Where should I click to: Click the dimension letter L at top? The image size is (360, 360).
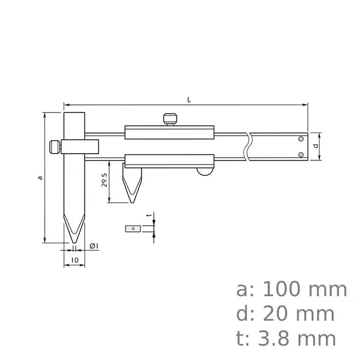pyautogui.click(x=189, y=99)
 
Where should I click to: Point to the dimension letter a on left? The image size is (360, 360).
pyautogui.click(x=40, y=177)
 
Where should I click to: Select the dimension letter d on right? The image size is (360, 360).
pyautogui.click(x=315, y=147)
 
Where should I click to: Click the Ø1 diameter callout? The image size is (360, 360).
pyautogui.click(x=94, y=246)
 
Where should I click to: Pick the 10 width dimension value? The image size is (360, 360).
pyautogui.click(x=75, y=261)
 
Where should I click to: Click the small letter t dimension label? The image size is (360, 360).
pyautogui.click(x=148, y=217)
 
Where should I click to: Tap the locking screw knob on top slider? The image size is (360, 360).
pyautogui.click(x=170, y=119)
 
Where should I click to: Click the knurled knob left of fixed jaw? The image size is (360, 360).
pyautogui.click(x=54, y=147)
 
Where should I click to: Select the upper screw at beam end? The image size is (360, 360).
pyautogui.click(x=301, y=139)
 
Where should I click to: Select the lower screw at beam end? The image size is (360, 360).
pyautogui.click(x=301, y=155)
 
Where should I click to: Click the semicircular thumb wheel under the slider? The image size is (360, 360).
pyautogui.click(x=205, y=172)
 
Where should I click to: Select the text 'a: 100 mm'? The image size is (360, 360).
pyautogui.click(x=292, y=290)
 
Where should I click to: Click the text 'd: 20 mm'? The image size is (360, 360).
pyautogui.click(x=285, y=314)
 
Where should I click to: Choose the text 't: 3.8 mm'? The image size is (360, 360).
pyautogui.click(x=286, y=339)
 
